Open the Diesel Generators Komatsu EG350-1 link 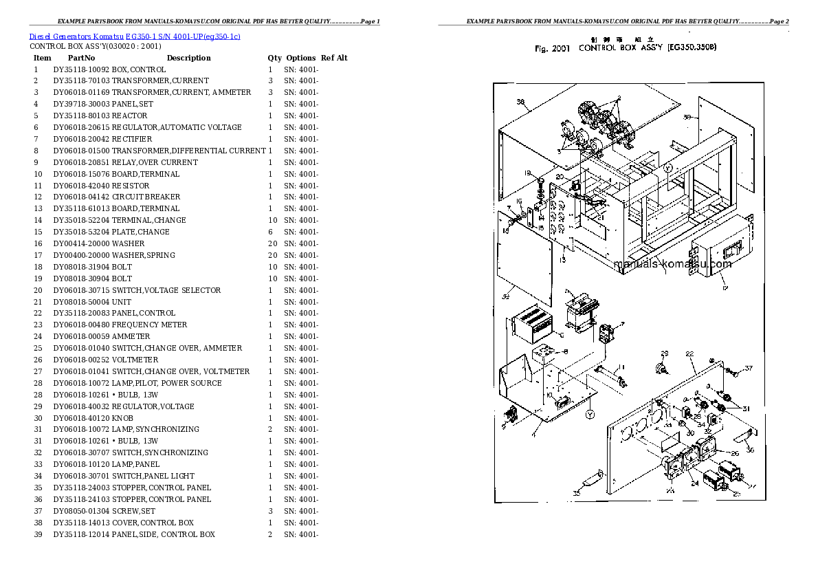pyautogui.click(x=135, y=36)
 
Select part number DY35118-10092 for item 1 pyautogui.click(x=81, y=69)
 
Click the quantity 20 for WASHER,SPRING pyautogui.click(x=270, y=255)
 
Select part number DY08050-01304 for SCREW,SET pyautogui.click(x=81, y=511)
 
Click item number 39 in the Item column pyautogui.click(x=38, y=534)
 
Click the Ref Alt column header pyautogui.click(x=334, y=58)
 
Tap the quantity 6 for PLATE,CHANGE pyautogui.click(x=270, y=232)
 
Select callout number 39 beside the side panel pyautogui.click(x=686, y=117)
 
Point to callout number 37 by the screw pyautogui.click(x=749, y=368)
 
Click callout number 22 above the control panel pyautogui.click(x=689, y=353)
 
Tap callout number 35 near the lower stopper pyautogui.click(x=576, y=492)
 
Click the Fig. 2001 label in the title pyautogui.click(x=551, y=48)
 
